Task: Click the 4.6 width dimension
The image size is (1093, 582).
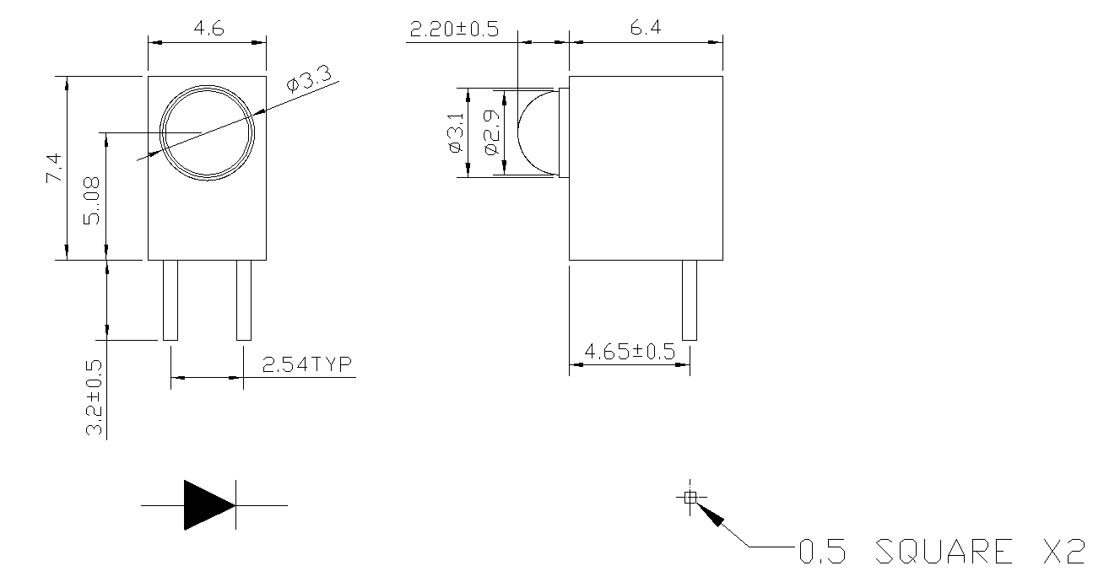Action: tap(208, 28)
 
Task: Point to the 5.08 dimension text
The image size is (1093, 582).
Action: tap(92, 200)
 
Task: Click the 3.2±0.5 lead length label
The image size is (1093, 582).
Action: tap(95, 398)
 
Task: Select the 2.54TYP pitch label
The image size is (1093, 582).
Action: tap(306, 365)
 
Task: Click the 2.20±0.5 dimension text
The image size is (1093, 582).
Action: tap(454, 30)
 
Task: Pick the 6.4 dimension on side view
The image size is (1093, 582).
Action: tap(646, 28)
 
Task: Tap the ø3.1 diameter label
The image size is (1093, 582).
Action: tap(456, 133)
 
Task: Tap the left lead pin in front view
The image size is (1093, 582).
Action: tap(170, 299)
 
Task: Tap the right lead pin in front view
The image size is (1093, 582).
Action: tap(244, 299)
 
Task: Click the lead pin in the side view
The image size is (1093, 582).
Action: tap(690, 299)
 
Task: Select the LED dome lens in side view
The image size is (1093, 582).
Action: tap(538, 133)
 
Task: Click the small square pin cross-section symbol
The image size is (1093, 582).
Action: tap(690, 497)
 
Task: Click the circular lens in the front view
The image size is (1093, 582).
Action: tap(208, 132)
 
